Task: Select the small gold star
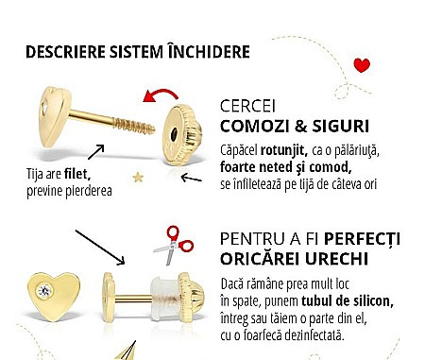pyautogui.click(x=138, y=176)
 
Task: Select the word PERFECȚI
pyautogui.click(x=355, y=236)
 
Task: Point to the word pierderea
pyautogui.click(x=87, y=191)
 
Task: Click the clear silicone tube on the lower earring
pyautogui.click(x=161, y=283)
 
